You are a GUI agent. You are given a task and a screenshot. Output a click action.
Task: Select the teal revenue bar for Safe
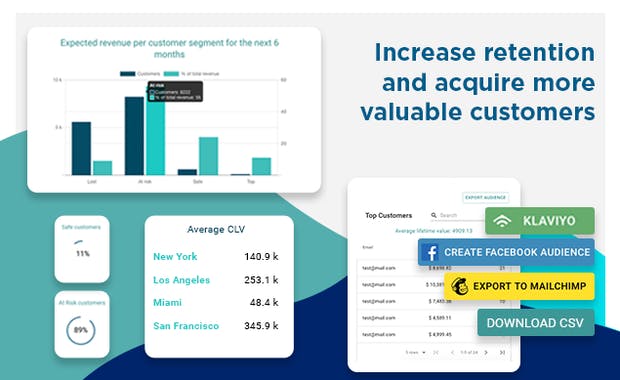(x=208, y=156)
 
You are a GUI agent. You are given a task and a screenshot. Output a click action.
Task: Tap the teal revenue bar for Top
(x=261, y=166)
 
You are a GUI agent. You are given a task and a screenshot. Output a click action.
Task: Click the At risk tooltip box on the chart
(x=174, y=92)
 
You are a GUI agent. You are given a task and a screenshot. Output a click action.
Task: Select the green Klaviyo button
(x=540, y=220)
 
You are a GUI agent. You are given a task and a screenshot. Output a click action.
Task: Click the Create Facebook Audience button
(x=506, y=252)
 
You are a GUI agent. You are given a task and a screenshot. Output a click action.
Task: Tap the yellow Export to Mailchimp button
(x=520, y=286)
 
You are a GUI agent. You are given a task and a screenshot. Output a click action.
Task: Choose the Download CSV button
(x=536, y=322)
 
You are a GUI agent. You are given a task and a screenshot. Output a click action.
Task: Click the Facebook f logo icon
(x=431, y=253)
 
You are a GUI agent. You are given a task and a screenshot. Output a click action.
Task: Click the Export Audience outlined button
(x=487, y=198)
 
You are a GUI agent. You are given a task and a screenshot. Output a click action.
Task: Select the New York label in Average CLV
(x=175, y=256)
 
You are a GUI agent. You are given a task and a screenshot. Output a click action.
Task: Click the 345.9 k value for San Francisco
(x=261, y=325)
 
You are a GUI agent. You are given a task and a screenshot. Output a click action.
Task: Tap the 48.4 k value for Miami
(x=264, y=302)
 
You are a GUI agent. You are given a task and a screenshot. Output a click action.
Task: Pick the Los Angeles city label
(x=181, y=279)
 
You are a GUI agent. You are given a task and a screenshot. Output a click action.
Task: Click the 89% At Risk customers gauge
(x=83, y=329)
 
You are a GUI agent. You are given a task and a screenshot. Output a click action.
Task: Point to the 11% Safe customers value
(x=83, y=253)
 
